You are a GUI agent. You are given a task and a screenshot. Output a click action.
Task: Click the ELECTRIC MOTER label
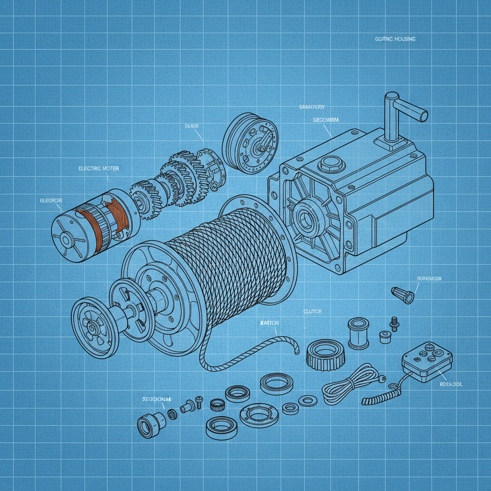click(x=98, y=169)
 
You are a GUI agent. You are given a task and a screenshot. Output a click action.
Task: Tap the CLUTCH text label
click(x=312, y=312)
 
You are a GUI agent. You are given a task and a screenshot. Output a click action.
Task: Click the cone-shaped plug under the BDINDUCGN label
click(x=402, y=294)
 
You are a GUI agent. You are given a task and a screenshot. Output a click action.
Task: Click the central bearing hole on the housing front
click(x=306, y=218)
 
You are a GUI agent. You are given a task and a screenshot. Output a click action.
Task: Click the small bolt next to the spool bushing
click(x=395, y=323)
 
